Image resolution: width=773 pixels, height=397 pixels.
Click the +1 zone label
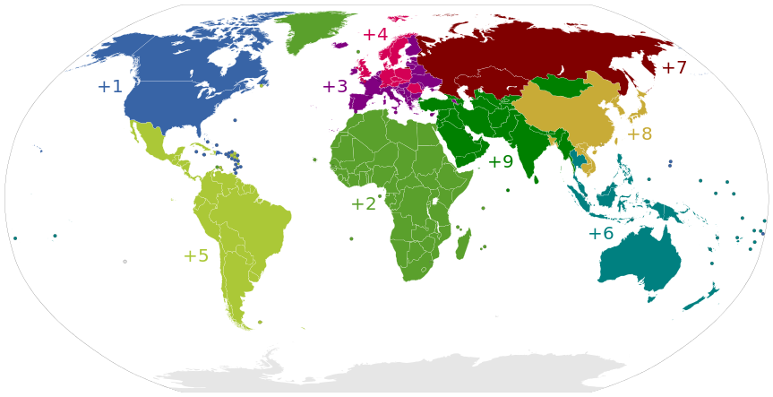[110, 87]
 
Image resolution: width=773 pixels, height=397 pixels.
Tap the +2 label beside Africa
[363, 204]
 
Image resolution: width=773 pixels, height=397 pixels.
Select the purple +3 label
[335, 87]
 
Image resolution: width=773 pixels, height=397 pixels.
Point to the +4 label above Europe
[374, 35]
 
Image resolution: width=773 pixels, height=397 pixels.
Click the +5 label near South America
[195, 256]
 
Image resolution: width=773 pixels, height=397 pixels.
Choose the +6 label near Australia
[600, 234]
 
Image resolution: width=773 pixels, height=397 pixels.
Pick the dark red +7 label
[674, 68]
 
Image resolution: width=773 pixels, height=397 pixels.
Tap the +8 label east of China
[639, 134]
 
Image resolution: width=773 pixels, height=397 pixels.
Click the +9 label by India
[500, 162]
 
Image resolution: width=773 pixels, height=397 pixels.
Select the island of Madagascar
[463, 244]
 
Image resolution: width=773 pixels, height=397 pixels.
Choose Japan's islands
[637, 113]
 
